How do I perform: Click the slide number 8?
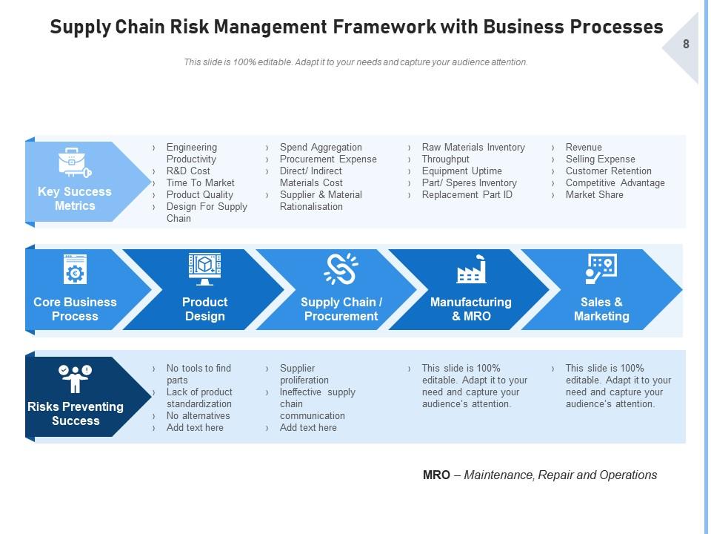click(x=686, y=44)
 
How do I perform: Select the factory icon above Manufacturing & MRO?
click(x=471, y=270)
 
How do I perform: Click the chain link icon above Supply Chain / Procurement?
click(x=341, y=270)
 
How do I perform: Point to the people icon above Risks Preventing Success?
click(x=75, y=378)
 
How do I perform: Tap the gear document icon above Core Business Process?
click(x=75, y=270)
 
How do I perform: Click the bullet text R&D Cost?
click(x=188, y=171)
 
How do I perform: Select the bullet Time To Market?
click(x=200, y=182)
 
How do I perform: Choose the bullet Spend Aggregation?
click(x=321, y=147)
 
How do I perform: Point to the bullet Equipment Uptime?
click(x=461, y=171)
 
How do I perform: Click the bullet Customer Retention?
click(x=608, y=171)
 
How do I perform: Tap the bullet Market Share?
click(x=594, y=194)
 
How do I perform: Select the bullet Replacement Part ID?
click(x=467, y=194)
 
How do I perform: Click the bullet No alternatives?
click(x=198, y=415)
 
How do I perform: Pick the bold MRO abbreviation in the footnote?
click(x=436, y=475)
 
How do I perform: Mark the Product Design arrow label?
click(x=204, y=309)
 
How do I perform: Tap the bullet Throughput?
click(x=445, y=159)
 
